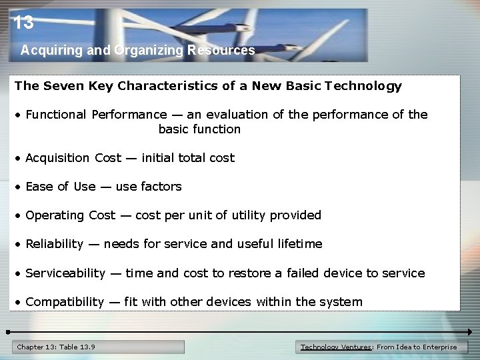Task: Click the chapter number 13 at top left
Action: click(23, 23)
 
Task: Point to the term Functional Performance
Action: click(96, 115)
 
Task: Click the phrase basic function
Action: click(199, 129)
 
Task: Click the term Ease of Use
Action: click(60, 187)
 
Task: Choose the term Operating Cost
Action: click(71, 215)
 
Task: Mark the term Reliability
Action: click(54, 244)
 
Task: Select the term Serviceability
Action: click(65, 273)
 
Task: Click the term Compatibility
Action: click(65, 302)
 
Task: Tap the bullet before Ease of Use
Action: click(19, 187)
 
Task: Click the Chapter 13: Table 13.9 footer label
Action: click(56, 347)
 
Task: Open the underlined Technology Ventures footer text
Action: click(337, 347)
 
